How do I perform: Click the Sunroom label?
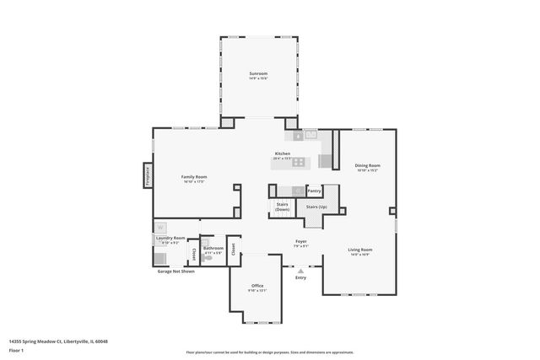258,73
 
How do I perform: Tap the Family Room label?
194,176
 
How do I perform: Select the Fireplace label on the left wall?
148,175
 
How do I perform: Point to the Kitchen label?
282,153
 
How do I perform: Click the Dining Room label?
367,165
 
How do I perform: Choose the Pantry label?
314,191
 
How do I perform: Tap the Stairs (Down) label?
282,207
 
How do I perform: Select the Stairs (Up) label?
316,207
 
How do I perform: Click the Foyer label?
300,243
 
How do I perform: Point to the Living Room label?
360,250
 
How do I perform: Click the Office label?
257,286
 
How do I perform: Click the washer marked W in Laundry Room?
160,227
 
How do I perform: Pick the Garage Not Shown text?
175,271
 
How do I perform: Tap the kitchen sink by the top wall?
310,133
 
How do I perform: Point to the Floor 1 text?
17,349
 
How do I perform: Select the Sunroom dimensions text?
258,78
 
